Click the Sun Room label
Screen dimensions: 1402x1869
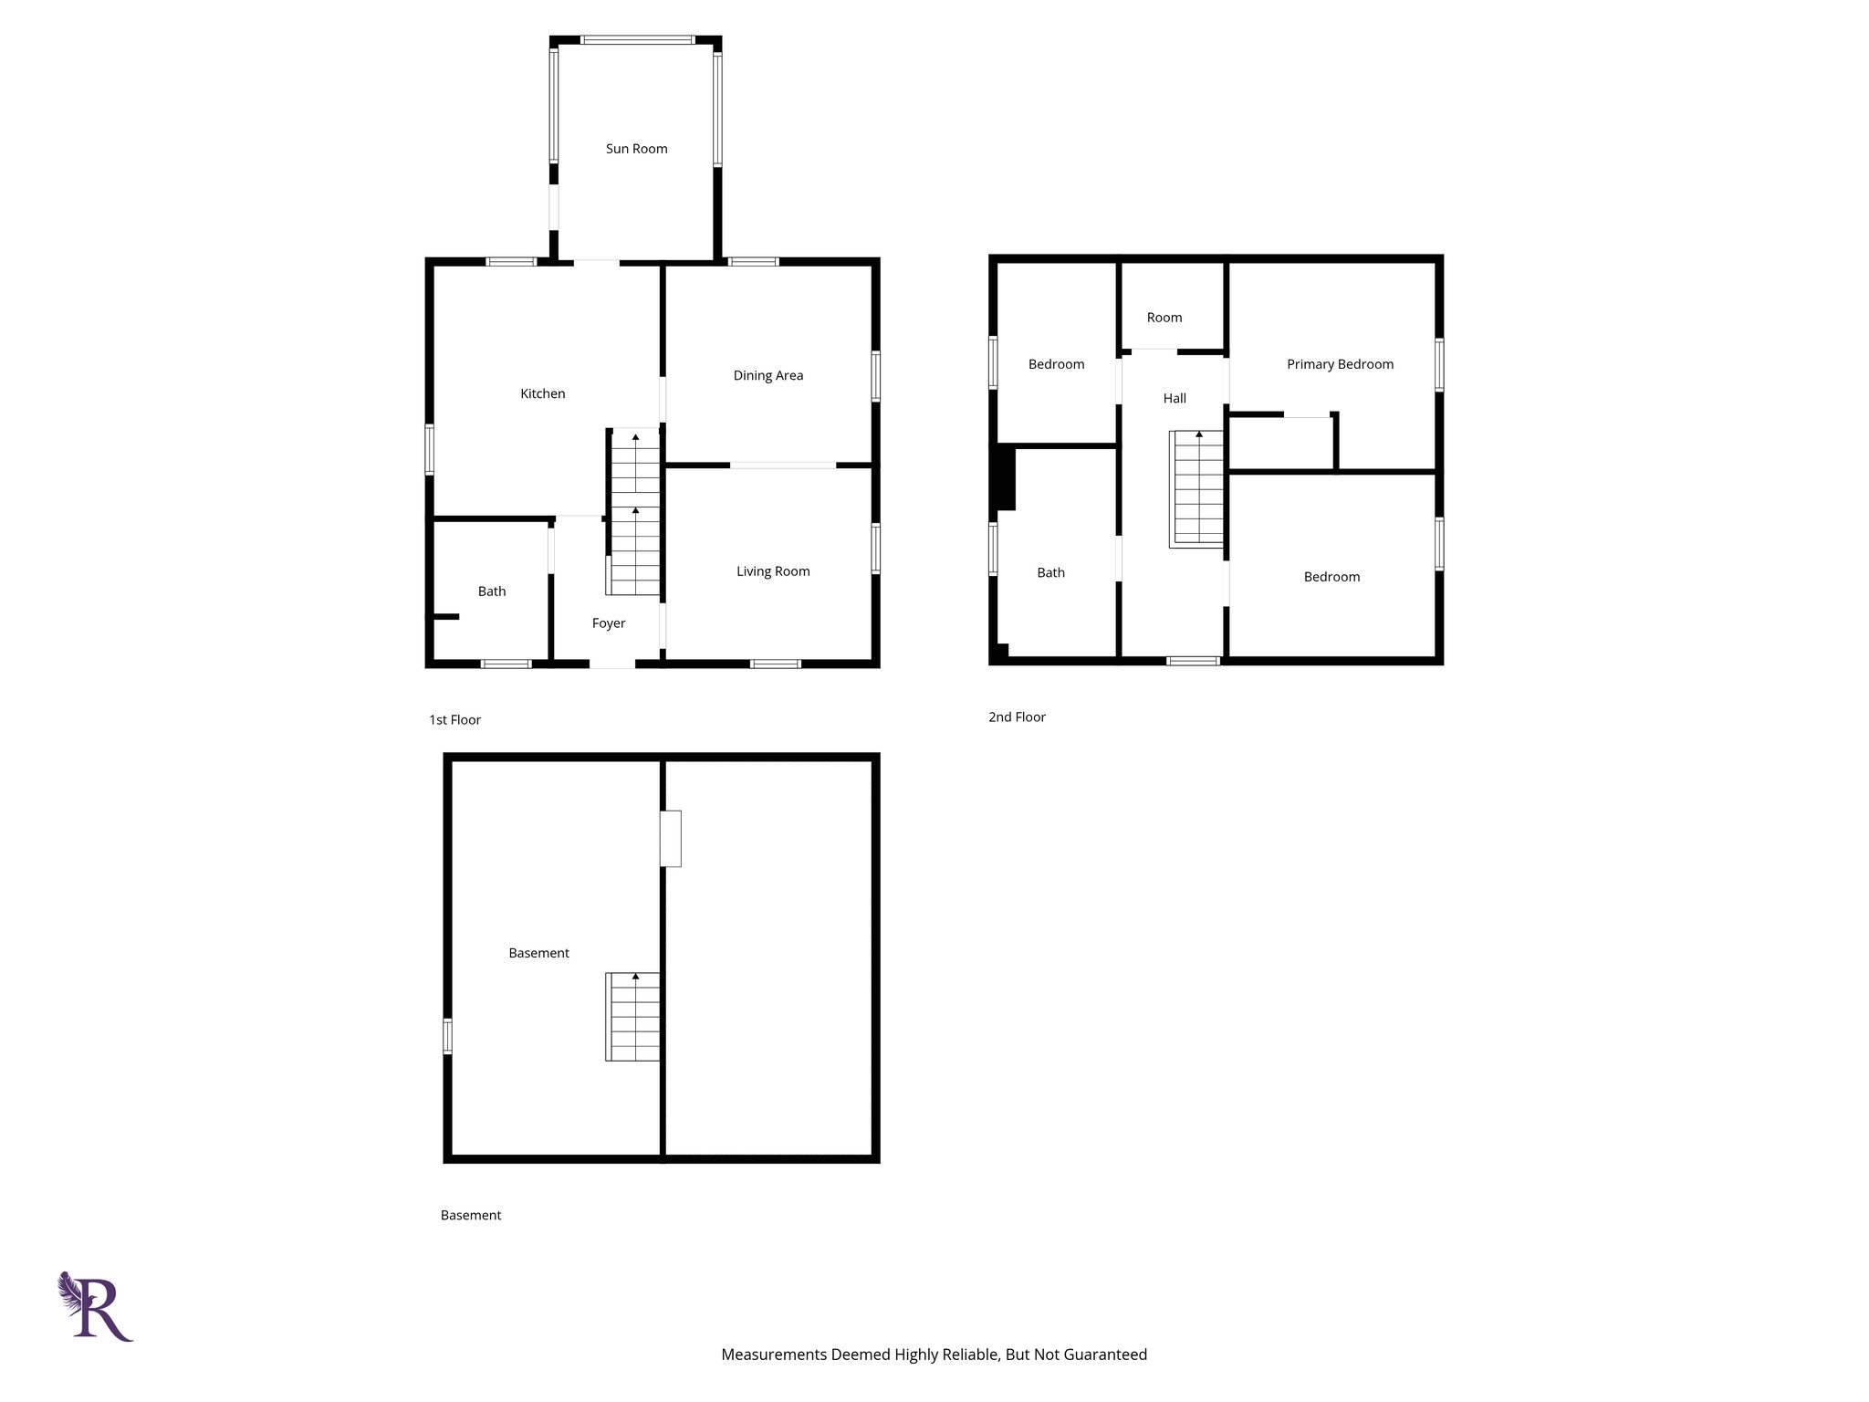coord(636,149)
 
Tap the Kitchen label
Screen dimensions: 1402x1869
coord(542,393)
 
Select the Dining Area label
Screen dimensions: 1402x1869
coord(767,375)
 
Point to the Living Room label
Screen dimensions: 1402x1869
coord(773,571)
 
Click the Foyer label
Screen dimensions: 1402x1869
coord(608,623)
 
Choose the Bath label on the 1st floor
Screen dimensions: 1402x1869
coord(491,591)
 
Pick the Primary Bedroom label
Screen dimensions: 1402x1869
coord(1340,364)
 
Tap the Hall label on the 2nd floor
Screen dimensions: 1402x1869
coord(1175,398)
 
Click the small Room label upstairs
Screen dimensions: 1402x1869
coord(1164,318)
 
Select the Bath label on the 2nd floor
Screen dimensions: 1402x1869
coord(1050,572)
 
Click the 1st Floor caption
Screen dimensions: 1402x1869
coord(454,719)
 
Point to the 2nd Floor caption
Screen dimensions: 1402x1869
coord(1017,717)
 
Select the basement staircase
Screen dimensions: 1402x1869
coord(632,1017)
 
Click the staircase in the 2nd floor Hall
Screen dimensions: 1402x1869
coord(1196,489)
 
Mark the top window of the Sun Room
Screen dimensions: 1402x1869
coord(637,40)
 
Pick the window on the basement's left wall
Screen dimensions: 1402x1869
coord(447,1036)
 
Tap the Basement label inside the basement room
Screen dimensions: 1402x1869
coord(538,953)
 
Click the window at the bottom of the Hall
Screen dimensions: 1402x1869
coord(1193,661)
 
